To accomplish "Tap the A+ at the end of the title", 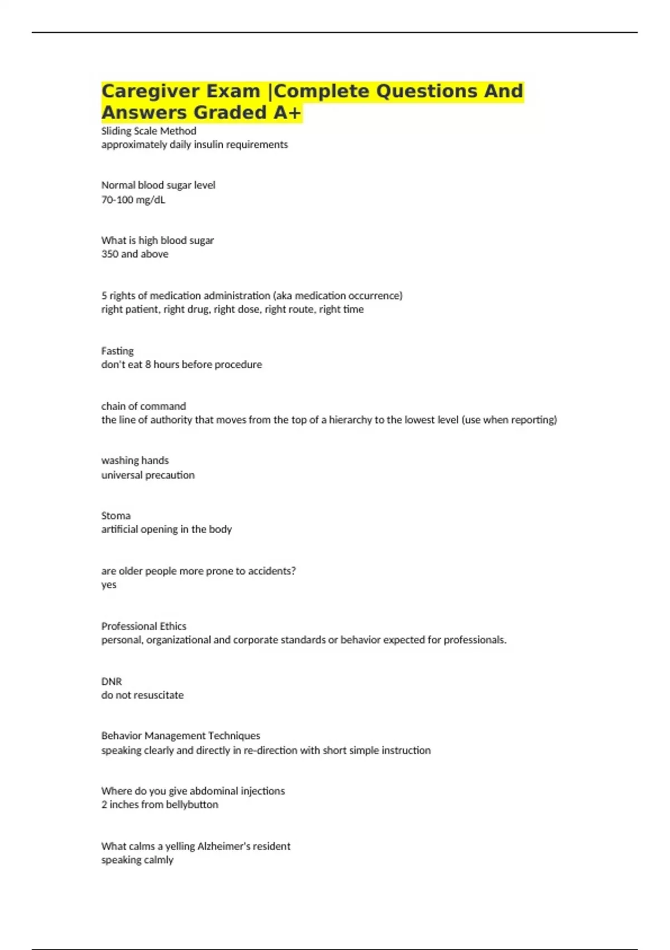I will [x=287, y=113].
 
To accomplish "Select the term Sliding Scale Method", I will [x=149, y=131].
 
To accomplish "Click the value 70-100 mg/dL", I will [x=133, y=199].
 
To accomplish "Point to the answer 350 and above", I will [x=135, y=254].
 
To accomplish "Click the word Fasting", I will [x=117, y=351].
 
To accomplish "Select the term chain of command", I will [x=143, y=406].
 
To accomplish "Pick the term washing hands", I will [x=135, y=460].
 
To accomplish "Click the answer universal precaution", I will [x=148, y=475].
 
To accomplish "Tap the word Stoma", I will [x=116, y=516].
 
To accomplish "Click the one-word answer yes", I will [x=109, y=585].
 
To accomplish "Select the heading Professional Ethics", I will [x=143, y=626].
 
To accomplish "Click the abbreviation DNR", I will [x=111, y=682].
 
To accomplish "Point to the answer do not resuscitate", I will [x=142, y=695].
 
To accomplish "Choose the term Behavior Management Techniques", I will [x=180, y=736].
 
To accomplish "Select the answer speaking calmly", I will [x=137, y=860].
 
